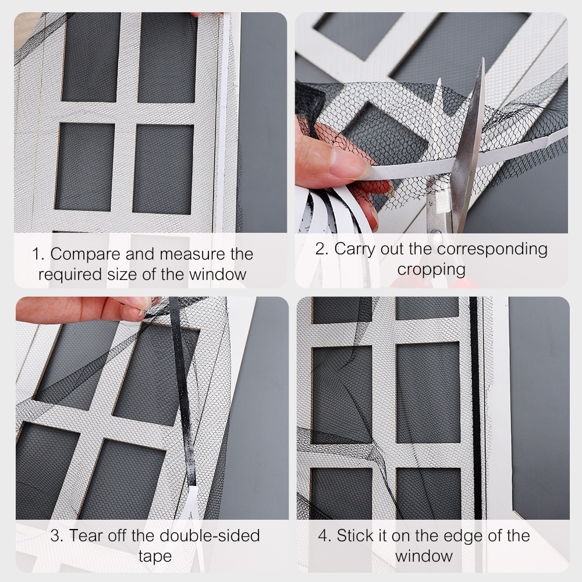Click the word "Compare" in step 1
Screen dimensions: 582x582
[86, 255]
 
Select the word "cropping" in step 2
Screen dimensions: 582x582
[431, 270]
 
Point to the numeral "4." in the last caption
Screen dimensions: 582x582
[325, 536]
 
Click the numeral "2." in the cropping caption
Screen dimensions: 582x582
[322, 249]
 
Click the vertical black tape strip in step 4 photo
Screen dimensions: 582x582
[476, 408]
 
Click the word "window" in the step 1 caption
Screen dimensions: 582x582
[218, 275]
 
